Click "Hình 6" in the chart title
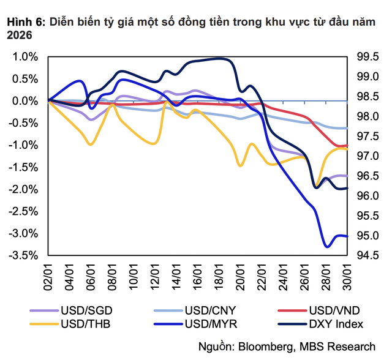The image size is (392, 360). coord(24,23)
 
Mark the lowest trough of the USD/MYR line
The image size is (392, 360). coord(327,246)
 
